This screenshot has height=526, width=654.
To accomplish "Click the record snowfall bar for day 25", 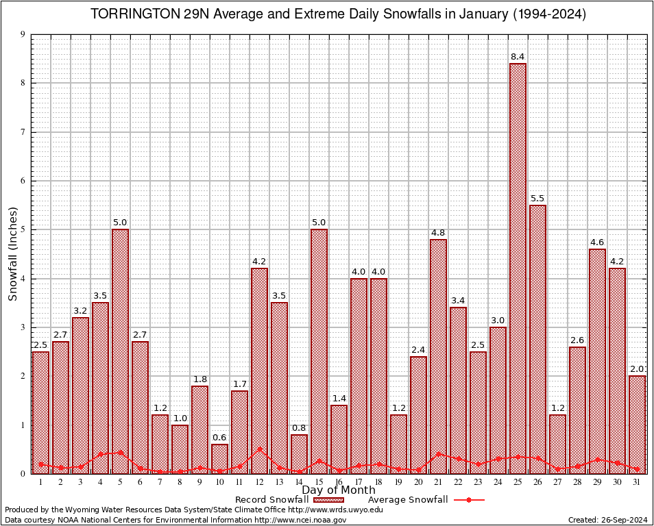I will (518, 267).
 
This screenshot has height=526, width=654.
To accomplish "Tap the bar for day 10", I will (219, 458).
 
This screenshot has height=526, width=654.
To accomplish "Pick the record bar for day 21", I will (438, 356).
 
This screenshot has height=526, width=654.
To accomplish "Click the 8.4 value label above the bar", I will (518, 56).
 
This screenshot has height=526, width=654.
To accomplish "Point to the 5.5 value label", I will (537, 199).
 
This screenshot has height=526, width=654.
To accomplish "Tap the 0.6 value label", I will (219, 438).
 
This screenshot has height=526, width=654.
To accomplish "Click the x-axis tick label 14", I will (299, 482).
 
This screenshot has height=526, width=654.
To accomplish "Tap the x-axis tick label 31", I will (637, 482).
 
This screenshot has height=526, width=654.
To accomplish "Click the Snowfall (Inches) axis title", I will (12, 254).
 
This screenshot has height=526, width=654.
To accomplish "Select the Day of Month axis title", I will (339, 490).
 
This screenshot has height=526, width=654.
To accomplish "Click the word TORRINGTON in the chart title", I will (133, 14).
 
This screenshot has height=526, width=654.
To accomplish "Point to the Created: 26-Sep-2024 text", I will (607, 520).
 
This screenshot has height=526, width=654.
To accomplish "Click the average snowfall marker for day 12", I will (259, 449).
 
